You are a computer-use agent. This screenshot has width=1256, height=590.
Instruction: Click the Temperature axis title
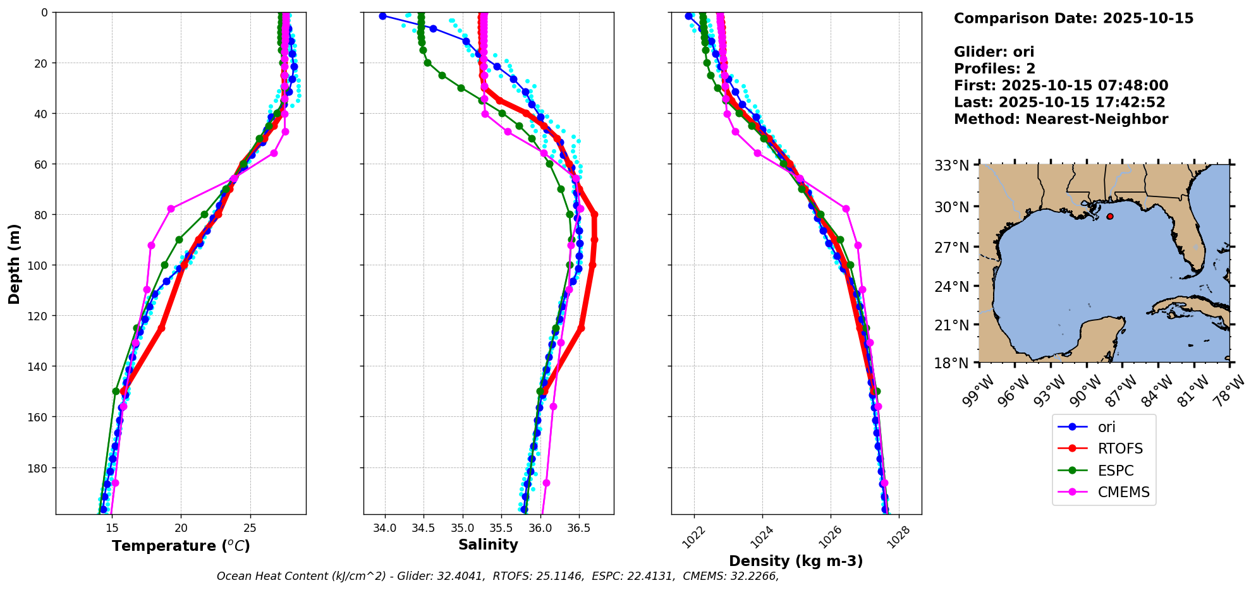click(181, 546)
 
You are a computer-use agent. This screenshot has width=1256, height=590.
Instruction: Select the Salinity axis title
click(488, 545)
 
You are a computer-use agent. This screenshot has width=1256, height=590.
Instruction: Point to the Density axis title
click(796, 561)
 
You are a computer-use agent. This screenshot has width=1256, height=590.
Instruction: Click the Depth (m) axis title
click(14, 263)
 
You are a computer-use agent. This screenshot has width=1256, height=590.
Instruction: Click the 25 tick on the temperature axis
click(250, 528)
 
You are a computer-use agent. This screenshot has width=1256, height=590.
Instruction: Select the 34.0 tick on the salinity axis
click(385, 528)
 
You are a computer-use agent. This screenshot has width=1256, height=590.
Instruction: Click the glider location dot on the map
click(1110, 216)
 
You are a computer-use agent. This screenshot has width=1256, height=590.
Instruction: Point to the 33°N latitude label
click(952, 166)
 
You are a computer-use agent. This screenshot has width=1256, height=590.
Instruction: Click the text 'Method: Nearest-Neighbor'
click(1061, 119)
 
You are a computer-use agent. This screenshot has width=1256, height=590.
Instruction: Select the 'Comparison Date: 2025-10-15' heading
click(1073, 18)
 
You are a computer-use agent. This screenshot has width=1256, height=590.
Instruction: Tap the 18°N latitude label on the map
click(952, 364)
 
